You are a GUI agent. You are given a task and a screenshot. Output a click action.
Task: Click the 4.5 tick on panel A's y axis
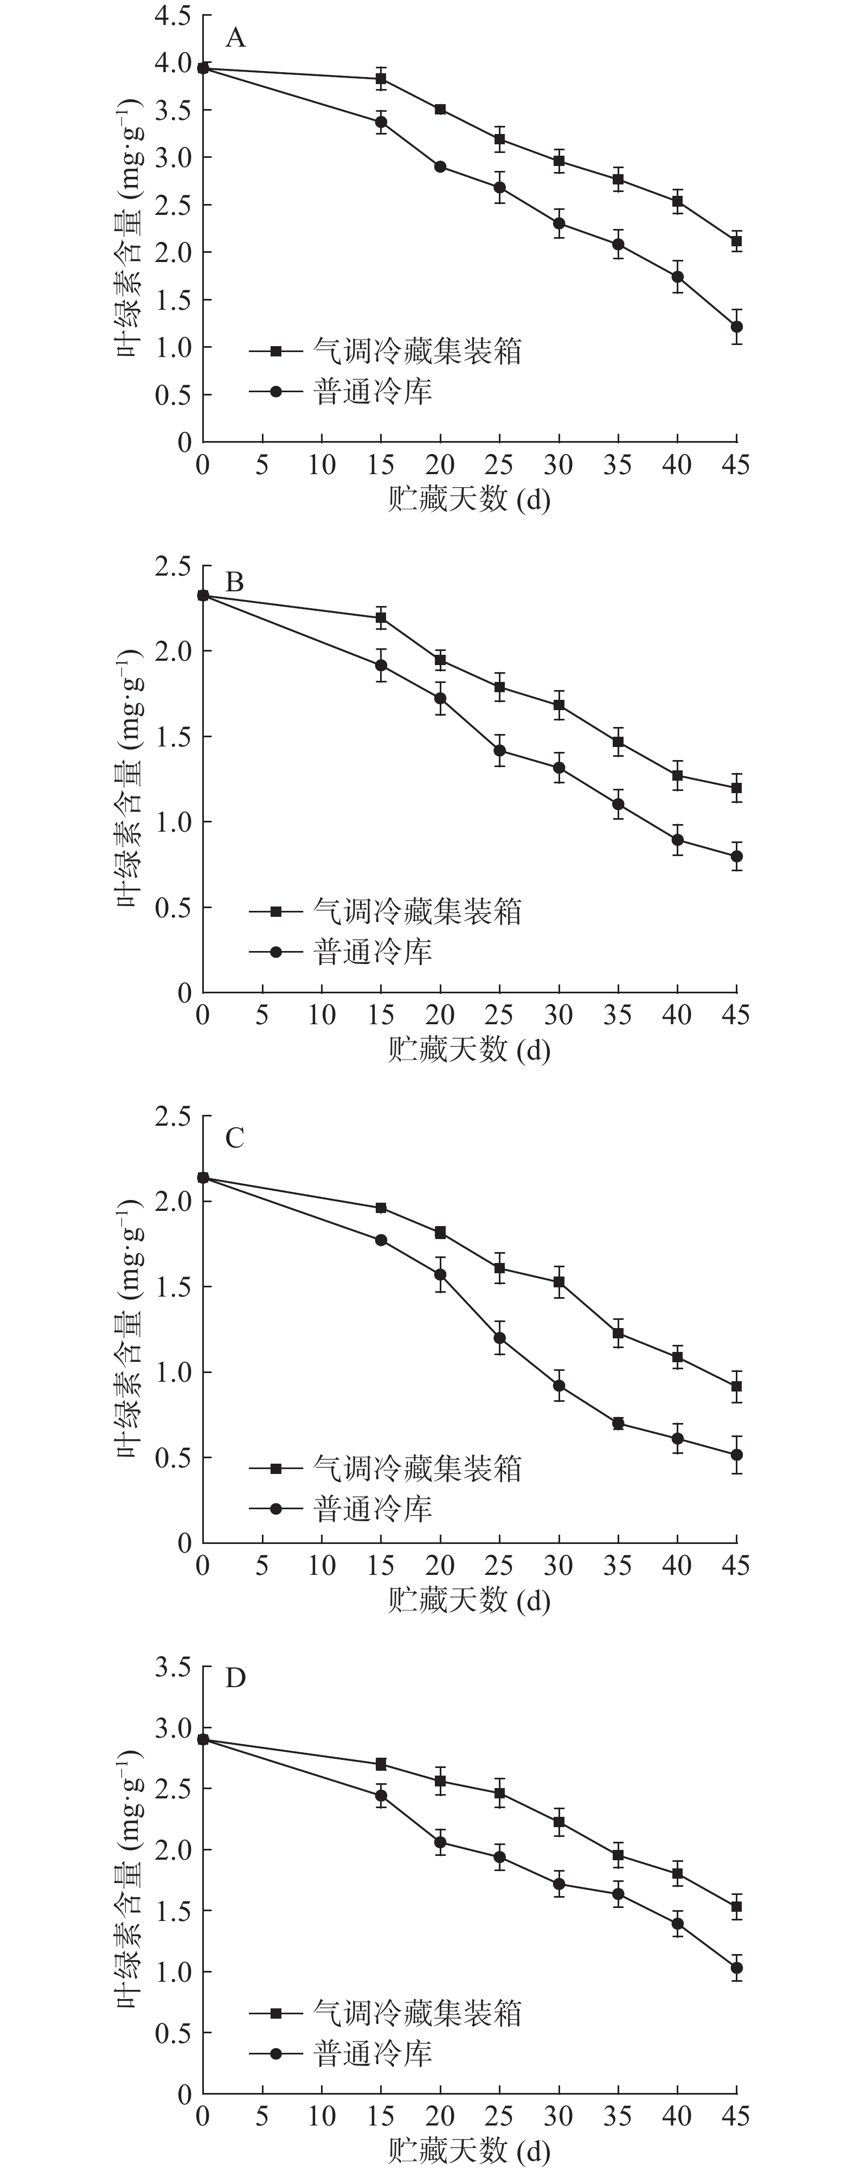tap(172, 16)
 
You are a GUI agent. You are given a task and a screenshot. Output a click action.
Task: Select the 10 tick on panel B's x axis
tap(322, 1015)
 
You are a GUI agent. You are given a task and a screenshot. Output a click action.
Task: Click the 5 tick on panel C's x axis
tap(262, 1566)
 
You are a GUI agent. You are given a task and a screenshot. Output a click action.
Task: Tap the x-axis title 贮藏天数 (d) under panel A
tap(468, 500)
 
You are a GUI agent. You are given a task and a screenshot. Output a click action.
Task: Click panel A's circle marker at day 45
tap(737, 327)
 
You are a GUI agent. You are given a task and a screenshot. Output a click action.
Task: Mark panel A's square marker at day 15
tap(381, 78)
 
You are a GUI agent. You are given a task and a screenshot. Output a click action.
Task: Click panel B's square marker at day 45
tap(737, 788)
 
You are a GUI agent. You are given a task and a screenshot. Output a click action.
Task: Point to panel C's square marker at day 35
tap(618, 1333)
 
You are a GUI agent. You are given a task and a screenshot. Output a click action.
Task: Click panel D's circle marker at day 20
tap(440, 1842)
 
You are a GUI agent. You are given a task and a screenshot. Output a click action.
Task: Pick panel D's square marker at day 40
tap(678, 1873)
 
